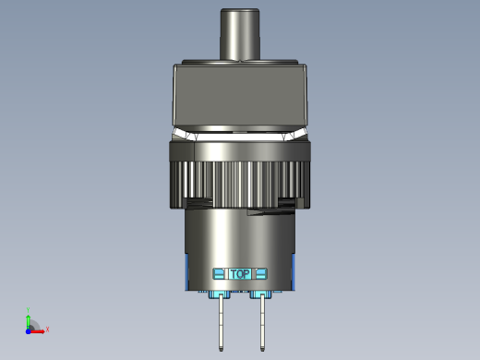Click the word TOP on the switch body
[x=240, y=274]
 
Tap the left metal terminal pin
[x=221, y=322]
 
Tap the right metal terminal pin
[x=262, y=322]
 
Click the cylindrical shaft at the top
[x=240, y=34]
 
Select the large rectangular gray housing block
[x=240, y=95]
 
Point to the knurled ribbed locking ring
[x=240, y=185]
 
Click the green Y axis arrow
[x=29, y=321]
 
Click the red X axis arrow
[x=37, y=331]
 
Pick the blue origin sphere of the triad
[x=29, y=331]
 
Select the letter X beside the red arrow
[x=47, y=330]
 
